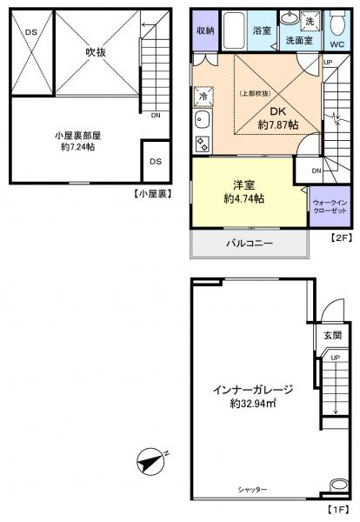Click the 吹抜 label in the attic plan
pyautogui.click(x=95, y=51)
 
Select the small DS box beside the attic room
pyautogui.click(x=154, y=161)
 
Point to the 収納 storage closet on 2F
pyautogui.click(x=204, y=30)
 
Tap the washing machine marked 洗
pyautogui.click(x=310, y=20)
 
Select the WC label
pyautogui.click(x=337, y=40)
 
